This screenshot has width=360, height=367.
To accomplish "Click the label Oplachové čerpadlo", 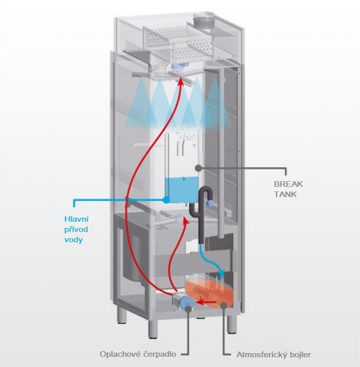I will point(145,354).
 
